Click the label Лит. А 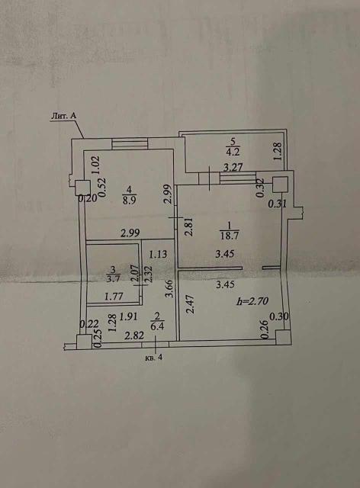[64, 116]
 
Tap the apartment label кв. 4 [154, 358]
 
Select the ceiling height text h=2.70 [252, 301]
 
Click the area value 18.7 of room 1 [230, 236]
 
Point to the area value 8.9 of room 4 [129, 200]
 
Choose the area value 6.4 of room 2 [157, 327]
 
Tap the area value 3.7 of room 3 [113, 278]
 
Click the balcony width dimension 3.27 [233, 168]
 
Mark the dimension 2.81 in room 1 [190, 227]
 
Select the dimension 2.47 [191, 304]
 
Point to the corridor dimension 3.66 [170, 289]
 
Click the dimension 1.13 [158, 255]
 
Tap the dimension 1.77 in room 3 [114, 297]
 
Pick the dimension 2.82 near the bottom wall [134, 335]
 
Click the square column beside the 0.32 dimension [280, 185]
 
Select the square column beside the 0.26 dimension [283, 338]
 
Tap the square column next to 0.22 [85, 342]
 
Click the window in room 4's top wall [130, 144]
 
